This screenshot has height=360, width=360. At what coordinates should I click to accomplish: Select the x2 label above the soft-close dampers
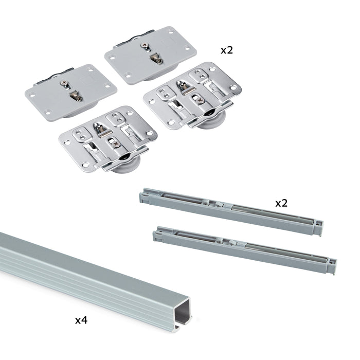point(281,203)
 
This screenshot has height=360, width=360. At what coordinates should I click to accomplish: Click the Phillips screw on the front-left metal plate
point(117,145)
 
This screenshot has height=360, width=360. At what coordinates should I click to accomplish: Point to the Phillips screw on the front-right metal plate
point(201,101)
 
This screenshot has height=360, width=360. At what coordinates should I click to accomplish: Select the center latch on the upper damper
point(218,204)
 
